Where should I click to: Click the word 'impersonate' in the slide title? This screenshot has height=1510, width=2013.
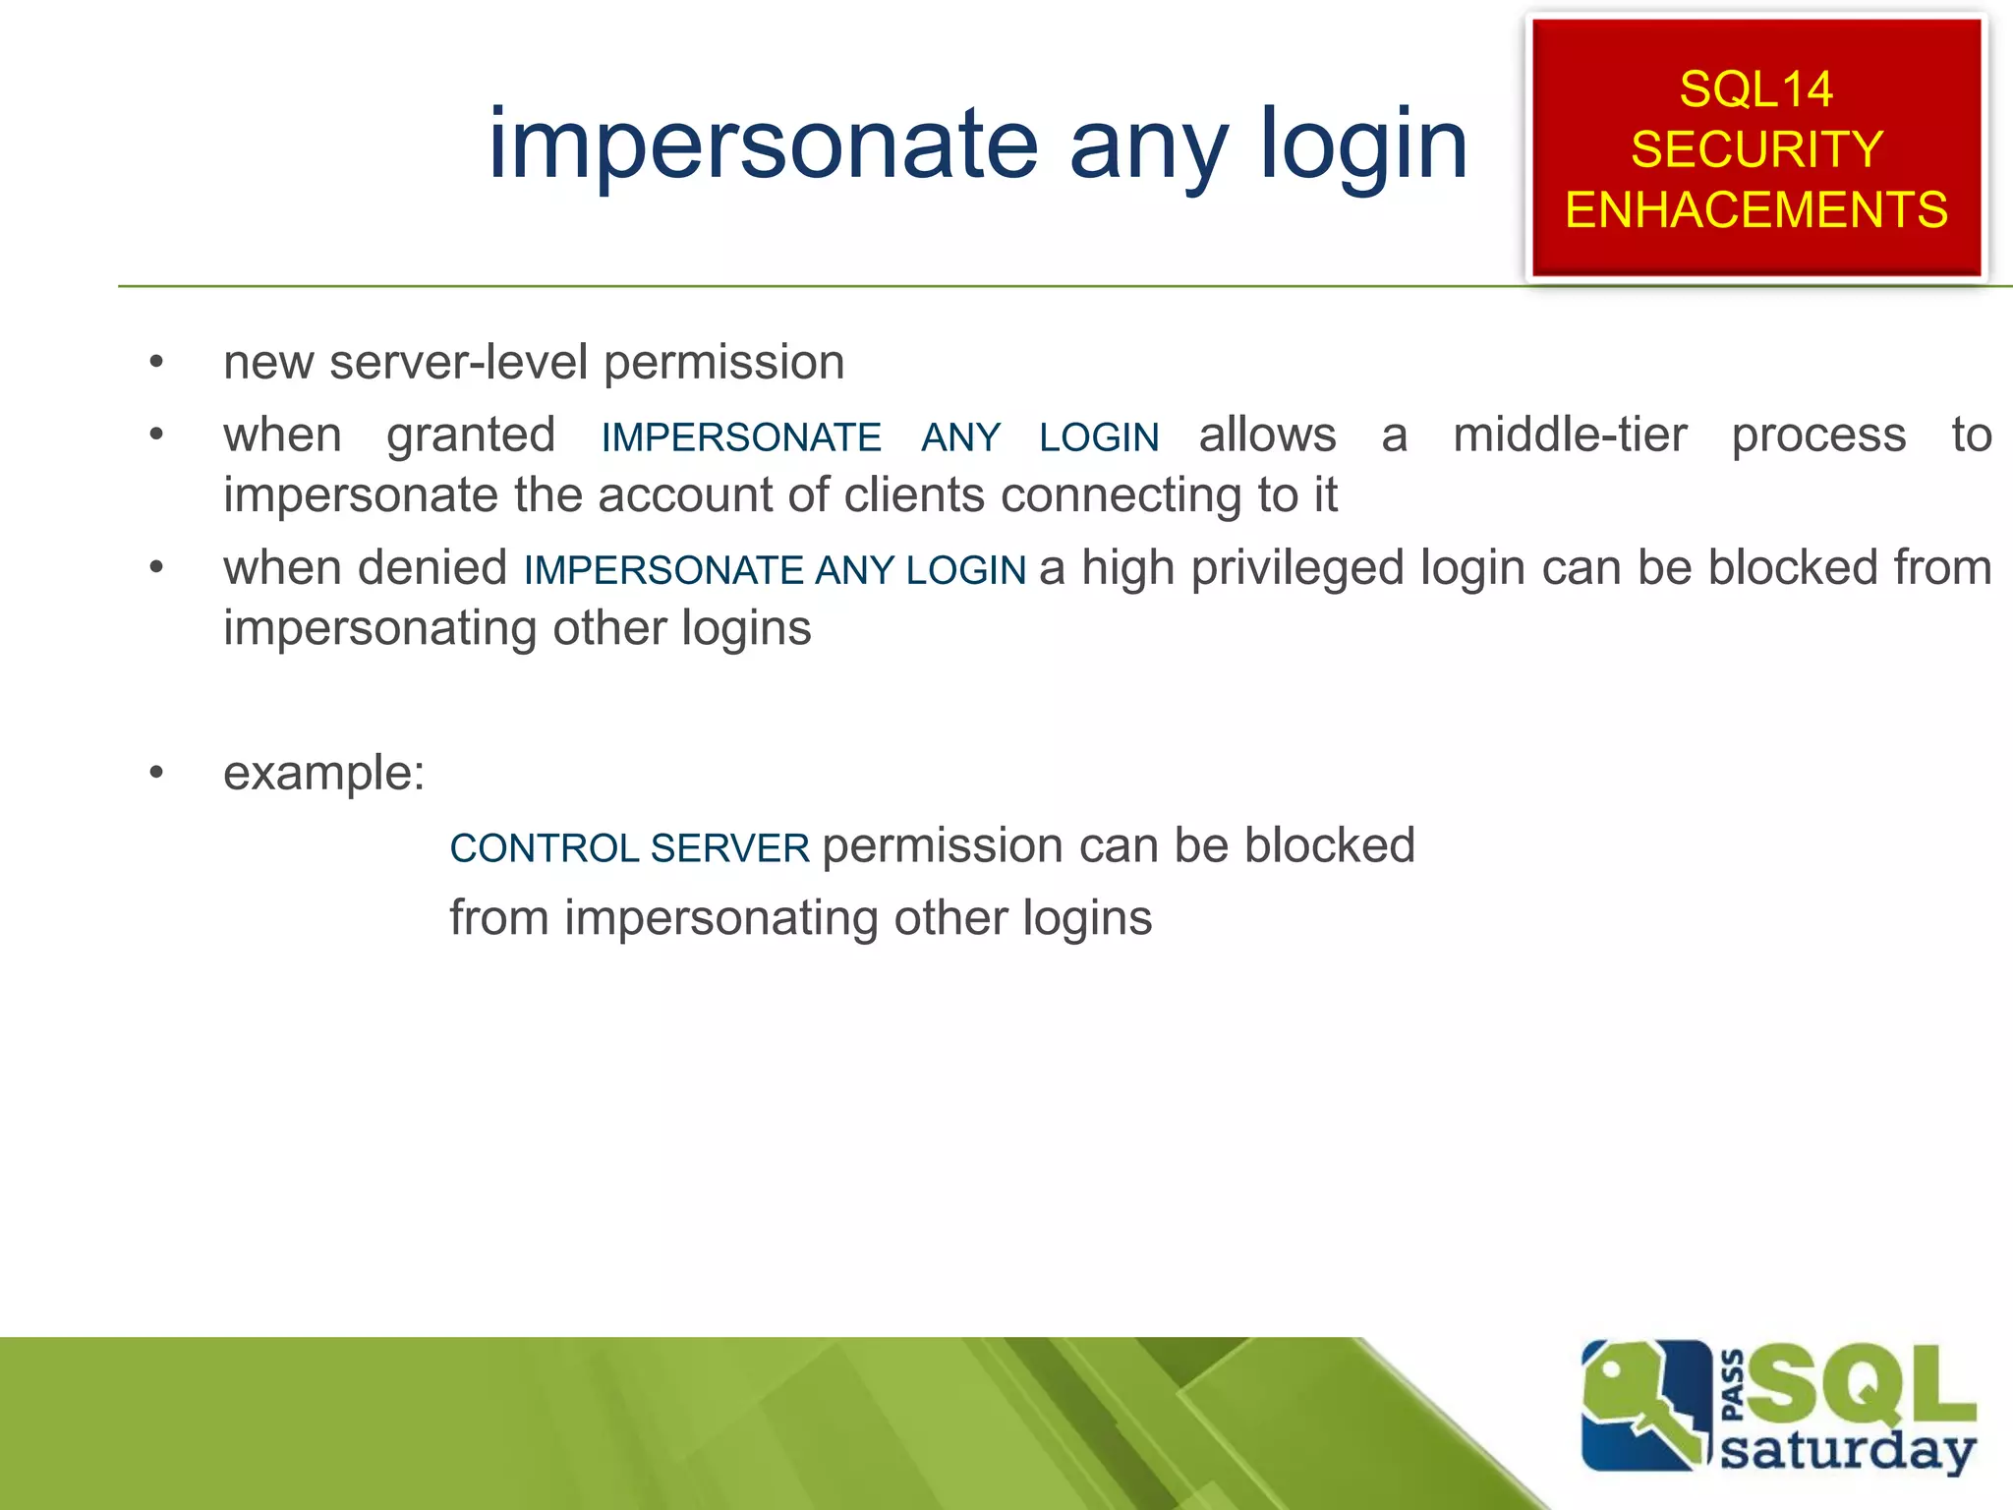point(763,145)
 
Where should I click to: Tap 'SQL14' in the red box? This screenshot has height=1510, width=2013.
point(1755,89)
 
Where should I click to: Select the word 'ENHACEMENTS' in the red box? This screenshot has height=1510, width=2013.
point(1756,210)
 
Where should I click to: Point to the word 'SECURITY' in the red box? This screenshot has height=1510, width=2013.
point(1756,149)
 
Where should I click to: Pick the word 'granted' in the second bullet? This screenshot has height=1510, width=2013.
point(471,435)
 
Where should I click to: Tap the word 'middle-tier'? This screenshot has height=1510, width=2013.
point(1570,435)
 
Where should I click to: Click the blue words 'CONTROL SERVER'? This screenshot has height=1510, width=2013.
point(629,847)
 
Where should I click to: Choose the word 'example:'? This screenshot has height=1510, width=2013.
point(323,773)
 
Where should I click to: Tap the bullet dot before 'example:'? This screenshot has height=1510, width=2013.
point(156,773)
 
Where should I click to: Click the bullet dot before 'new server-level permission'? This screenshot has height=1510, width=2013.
point(156,363)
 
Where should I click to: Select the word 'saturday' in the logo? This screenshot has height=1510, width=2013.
point(1848,1450)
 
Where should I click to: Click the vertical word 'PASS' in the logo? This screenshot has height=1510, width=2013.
point(1734,1386)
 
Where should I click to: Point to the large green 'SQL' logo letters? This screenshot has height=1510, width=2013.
point(1858,1384)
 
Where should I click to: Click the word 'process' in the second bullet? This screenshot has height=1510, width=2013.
point(1818,435)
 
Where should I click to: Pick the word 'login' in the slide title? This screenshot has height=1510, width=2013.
point(1363,145)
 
